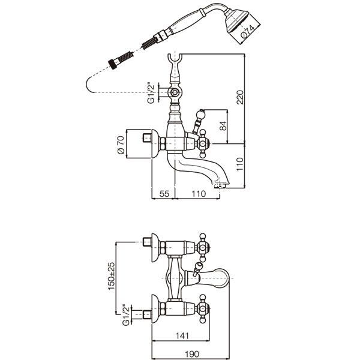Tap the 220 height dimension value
(239, 97)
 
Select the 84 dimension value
(223, 127)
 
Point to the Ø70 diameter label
(121, 145)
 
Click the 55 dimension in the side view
(163, 194)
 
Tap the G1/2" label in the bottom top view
(127, 313)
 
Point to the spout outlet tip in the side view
(223, 184)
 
